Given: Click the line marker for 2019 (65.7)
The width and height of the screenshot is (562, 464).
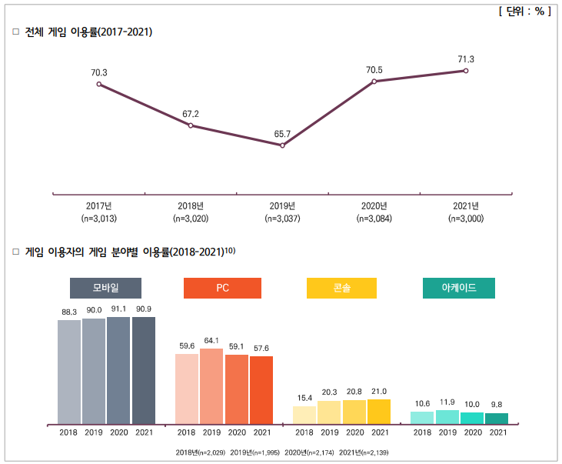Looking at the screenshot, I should click(x=282, y=145).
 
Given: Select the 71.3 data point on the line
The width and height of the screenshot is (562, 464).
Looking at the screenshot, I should click(x=465, y=71).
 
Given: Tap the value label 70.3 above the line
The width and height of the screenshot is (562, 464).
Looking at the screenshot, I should click(x=99, y=73).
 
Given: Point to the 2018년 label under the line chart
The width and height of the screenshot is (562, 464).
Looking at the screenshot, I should click(x=190, y=206).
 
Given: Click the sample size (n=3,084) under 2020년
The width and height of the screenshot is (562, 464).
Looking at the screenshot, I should click(x=374, y=219).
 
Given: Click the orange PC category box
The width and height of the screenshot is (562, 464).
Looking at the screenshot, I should click(x=222, y=288).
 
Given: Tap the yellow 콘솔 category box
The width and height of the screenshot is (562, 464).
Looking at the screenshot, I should click(x=341, y=288).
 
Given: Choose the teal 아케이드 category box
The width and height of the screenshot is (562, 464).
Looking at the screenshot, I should click(x=458, y=288).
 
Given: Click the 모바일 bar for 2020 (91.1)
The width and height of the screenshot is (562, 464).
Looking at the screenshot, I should click(x=118, y=370).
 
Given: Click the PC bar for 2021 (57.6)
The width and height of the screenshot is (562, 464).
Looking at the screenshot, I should click(x=261, y=389).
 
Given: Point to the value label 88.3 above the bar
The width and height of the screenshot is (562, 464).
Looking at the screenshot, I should click(x=69, y=312).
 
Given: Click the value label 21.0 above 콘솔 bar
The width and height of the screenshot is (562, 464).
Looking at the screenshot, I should click(x=379, y=392).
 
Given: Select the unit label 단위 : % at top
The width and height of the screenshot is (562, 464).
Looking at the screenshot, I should click(x=525, y=12).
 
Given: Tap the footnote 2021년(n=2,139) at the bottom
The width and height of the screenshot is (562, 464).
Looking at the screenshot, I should click(x=364, y=452).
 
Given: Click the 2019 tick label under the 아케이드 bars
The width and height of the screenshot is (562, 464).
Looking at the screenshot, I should click(x=447, y=432).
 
